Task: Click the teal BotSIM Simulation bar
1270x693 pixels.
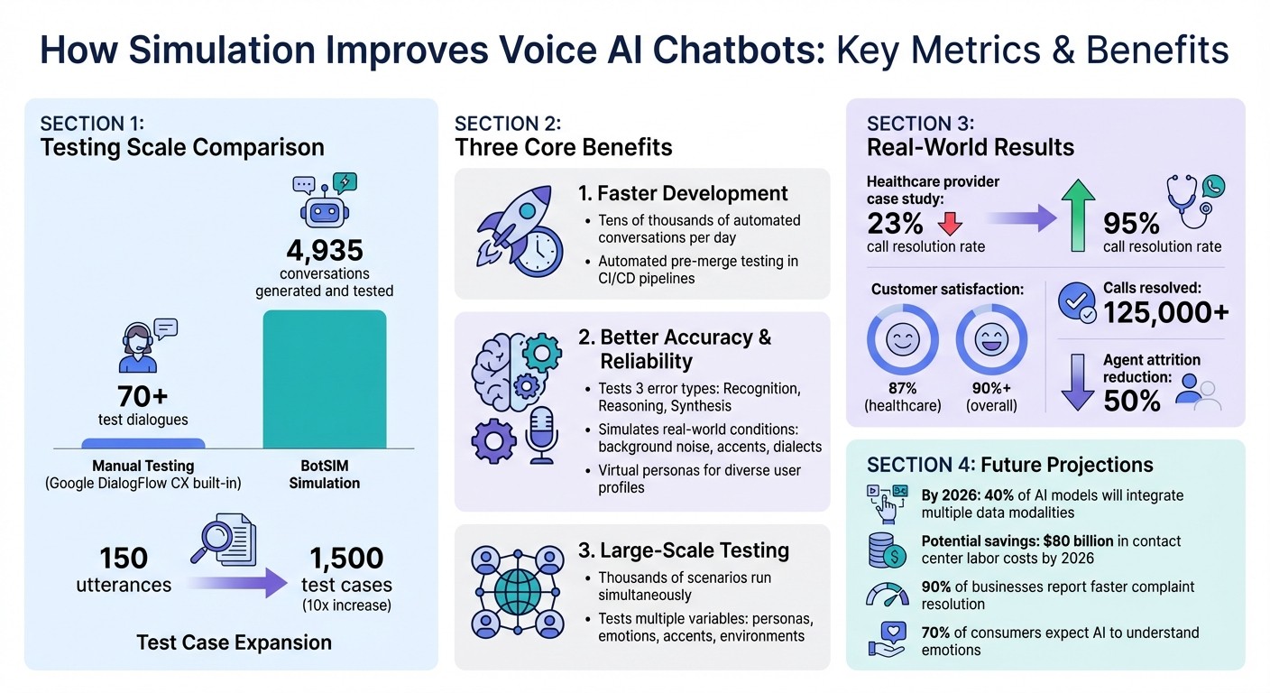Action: (x=324, y=379)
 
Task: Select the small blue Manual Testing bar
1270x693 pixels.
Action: (x=143, y=443)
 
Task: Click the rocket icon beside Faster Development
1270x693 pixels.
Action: (x=516, y=233)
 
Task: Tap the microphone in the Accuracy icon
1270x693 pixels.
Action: (x=541, y=432)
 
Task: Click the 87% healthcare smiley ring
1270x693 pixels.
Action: (x=901, y=342)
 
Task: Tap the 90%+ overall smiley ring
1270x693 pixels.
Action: (x=991, y=342)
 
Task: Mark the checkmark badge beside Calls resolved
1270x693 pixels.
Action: (x=1074, y=305)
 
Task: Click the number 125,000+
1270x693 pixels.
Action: (x=1165, y=311)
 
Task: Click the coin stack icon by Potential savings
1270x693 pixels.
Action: (x=885, y=550)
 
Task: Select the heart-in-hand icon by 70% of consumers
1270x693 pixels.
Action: (x=885, y=639)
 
